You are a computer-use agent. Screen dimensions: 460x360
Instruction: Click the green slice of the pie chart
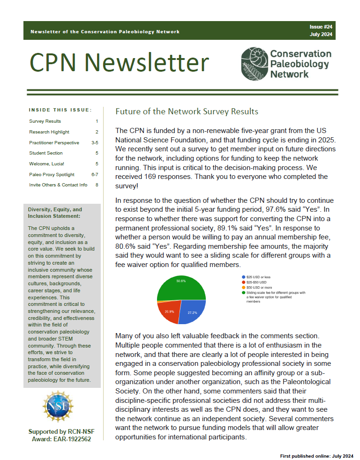[x=180, y=288]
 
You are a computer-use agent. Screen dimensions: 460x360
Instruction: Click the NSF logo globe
[x=58, y=406]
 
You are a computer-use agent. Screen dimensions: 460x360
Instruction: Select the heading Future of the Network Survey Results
[x=187, y=111]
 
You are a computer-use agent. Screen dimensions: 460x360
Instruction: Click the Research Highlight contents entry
[x=49, y=132]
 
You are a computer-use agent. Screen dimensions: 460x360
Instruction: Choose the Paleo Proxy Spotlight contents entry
[x=52, y=174]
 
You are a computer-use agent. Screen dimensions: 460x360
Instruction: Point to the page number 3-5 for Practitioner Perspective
[x=95, y=142]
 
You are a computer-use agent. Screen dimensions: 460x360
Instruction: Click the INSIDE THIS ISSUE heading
[x=60, y=110]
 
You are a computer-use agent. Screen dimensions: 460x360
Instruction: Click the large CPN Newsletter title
[x=120, y=62]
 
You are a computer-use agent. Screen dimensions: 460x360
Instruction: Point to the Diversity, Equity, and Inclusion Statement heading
[x=55, y=213]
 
